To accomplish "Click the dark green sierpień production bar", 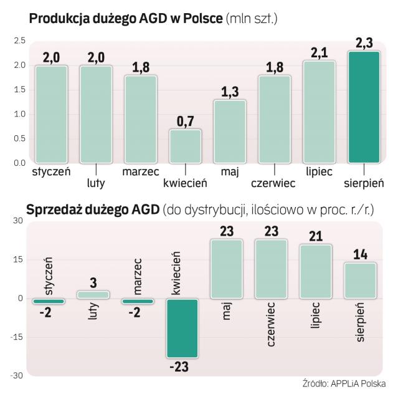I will click(363, 107).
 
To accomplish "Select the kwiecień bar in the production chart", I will click(185, 146).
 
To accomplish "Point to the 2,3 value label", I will click(363, 42).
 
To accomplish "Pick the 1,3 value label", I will click(229, 91).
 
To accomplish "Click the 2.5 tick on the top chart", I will click(18, 41).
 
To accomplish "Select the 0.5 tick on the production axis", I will click(18, 138).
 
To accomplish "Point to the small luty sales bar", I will click(93, 294).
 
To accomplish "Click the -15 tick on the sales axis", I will click(17, 337).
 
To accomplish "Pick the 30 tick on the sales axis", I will click(17, 221).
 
